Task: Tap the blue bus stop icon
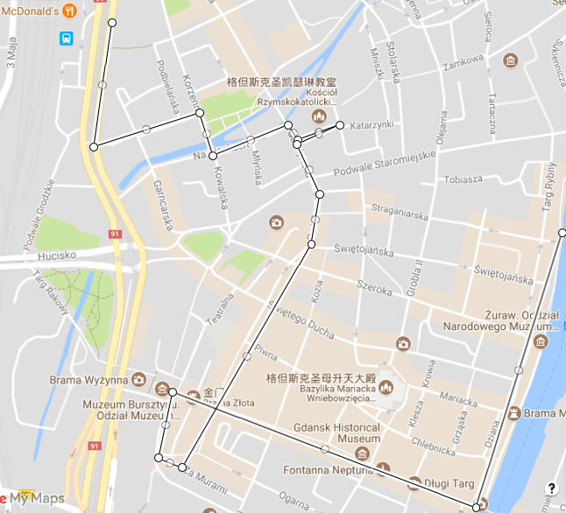[67, 38]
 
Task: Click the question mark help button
[551, 488]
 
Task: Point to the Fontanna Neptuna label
[322, 470]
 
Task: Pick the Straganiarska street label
[399, 210]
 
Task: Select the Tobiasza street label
[463, 179]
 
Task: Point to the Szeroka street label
[373, 287]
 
